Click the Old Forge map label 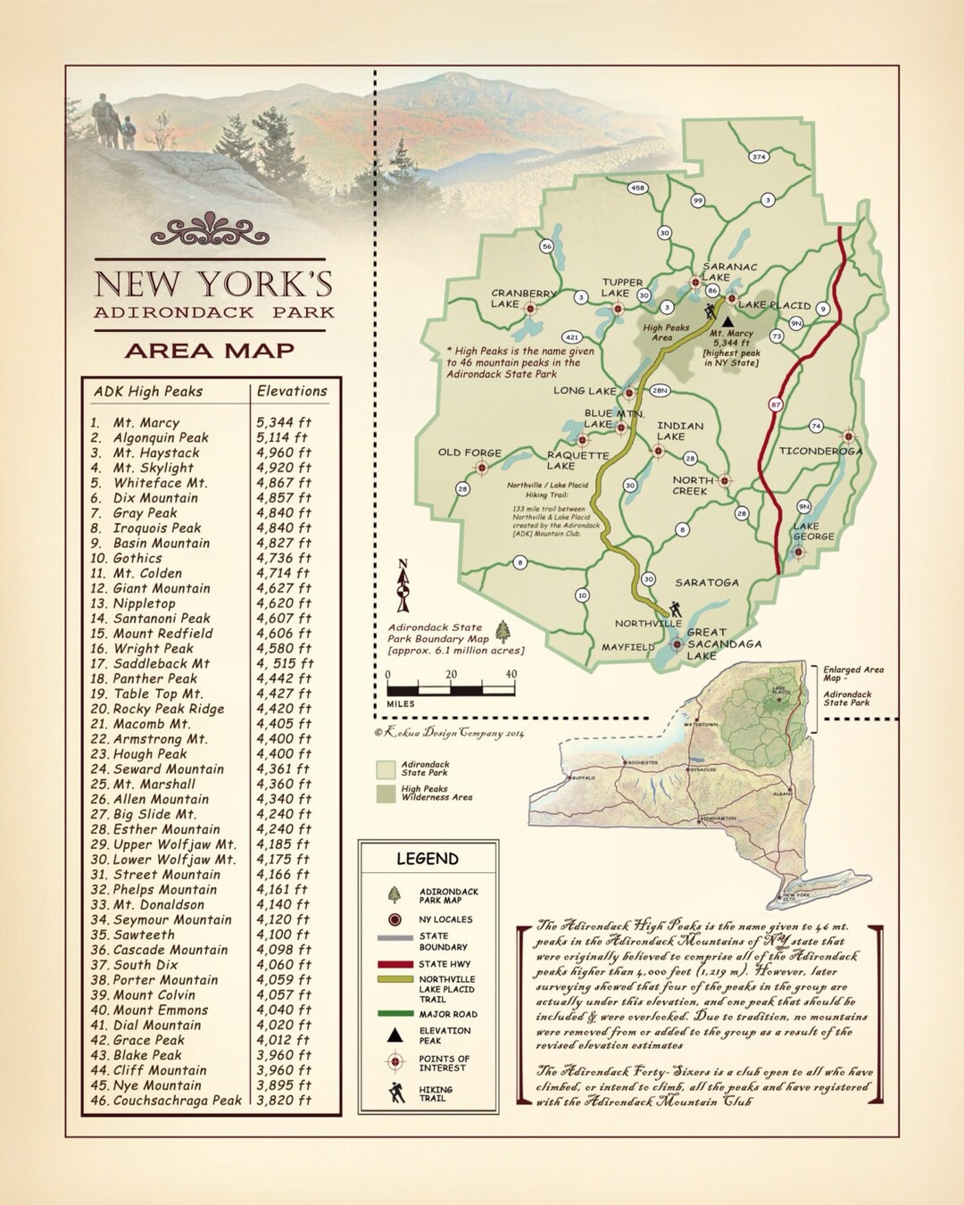470,453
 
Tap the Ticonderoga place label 820,451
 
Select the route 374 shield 759,157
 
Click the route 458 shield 637,188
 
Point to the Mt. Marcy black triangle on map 727,320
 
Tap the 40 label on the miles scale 511,675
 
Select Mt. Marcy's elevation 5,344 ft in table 284,422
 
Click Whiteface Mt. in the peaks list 160,483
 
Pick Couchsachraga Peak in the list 177,1101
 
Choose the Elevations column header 292,391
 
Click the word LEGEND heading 428,859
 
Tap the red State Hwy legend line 395,964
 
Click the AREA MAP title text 210,351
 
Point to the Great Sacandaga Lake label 724,644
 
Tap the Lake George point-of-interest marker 799,553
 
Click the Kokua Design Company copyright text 450,733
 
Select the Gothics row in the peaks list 137,558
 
